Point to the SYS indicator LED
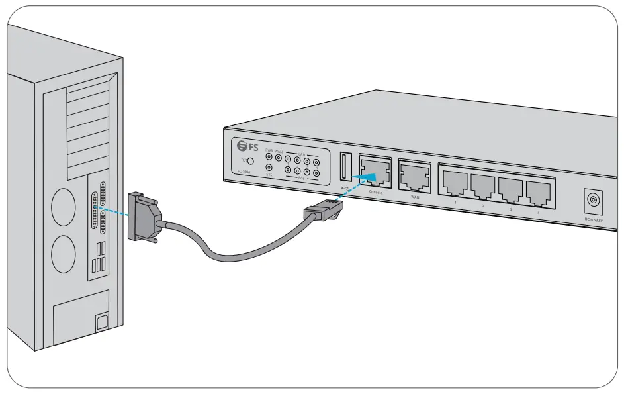coord(269,168)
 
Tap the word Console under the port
coord(375,193)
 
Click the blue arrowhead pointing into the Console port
coord(368,175)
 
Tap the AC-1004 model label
coord(244,172)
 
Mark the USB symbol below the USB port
coord(345,187)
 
